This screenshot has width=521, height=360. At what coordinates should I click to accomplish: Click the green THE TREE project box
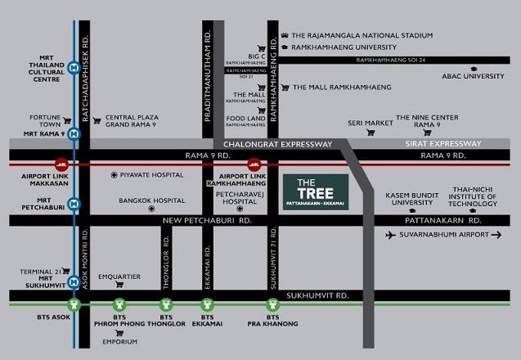point(315,190)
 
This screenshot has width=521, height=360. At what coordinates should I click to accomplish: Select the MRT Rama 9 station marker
point(74,133)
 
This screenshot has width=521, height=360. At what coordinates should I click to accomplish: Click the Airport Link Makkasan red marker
point(61,162)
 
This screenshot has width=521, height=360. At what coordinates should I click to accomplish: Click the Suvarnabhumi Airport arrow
point(496,235)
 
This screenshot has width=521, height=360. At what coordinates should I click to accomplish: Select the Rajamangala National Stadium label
point(357,35)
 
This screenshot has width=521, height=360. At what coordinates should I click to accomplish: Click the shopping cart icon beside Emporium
point(120,334)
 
